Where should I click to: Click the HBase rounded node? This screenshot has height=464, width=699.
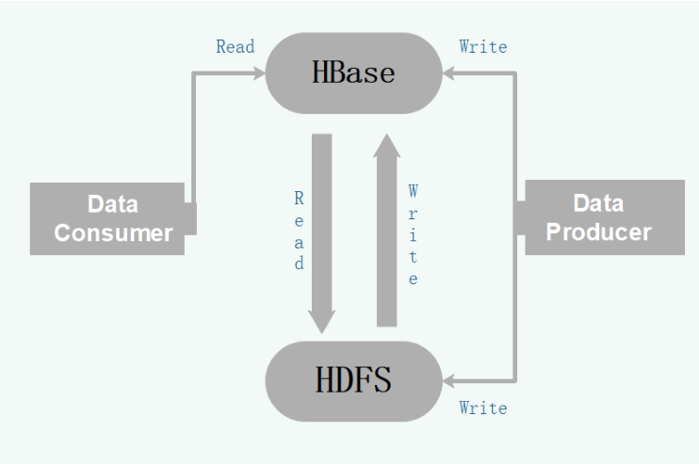tap(354, 72)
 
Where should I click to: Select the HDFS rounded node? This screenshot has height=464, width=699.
tap(354, 380)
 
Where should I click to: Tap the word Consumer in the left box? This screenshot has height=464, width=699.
tap(113, 232)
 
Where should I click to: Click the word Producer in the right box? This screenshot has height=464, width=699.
tap(599, 232)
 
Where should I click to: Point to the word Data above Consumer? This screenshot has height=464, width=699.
tap(113, 204)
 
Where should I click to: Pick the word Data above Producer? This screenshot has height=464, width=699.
tap(599, 203)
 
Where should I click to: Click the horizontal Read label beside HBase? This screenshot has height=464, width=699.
tap(235, 46)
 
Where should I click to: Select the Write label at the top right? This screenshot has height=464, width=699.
tap(482, 46)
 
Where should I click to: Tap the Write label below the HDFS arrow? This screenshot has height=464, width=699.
tap(482, 408)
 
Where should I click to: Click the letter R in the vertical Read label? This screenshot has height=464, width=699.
tap(299, 199)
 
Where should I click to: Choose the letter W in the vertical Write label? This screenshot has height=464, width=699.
tap(413, 192)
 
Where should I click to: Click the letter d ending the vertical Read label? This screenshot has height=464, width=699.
tap(299, 264)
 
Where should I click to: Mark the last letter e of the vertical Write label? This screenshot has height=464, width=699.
tap(413, 280)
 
